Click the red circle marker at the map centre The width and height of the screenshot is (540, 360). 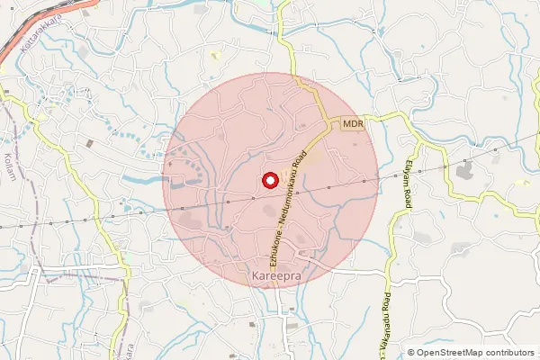click(x=269, y=180)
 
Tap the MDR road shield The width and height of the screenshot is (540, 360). click(x=352, y=123)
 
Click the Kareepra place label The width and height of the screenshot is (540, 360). click(x=274, y=271)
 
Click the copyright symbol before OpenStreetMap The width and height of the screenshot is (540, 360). click(x=411, y=352)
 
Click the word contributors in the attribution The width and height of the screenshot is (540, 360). click(x=508, y=352)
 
